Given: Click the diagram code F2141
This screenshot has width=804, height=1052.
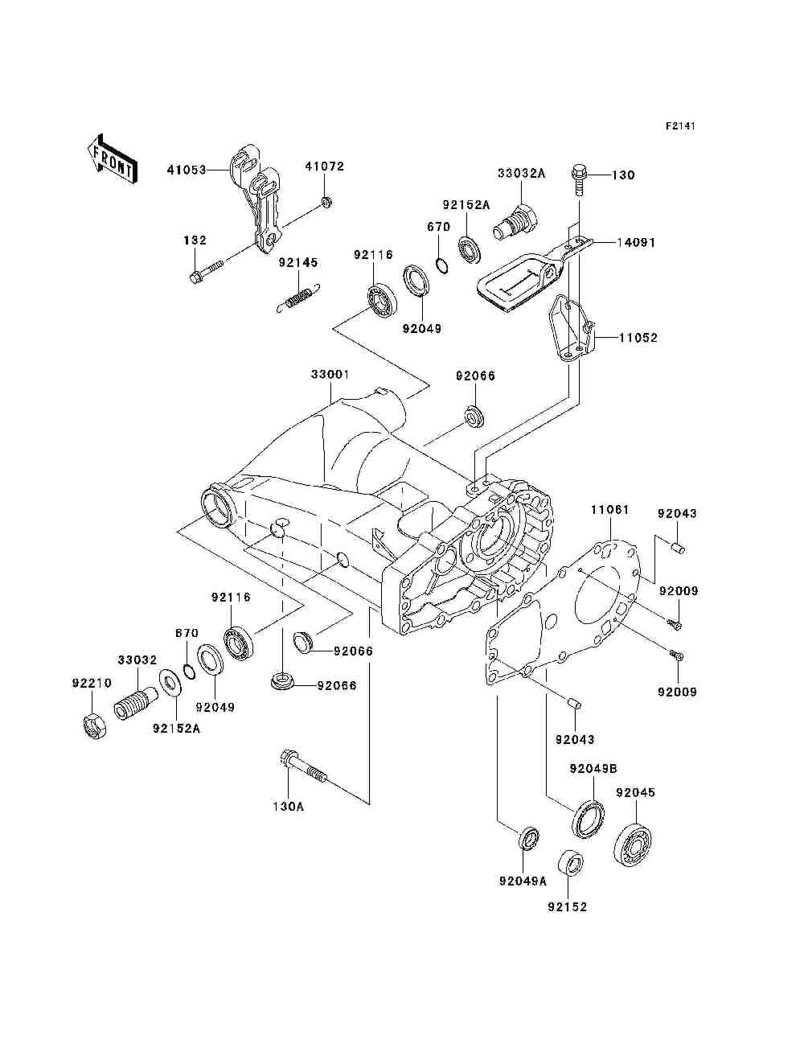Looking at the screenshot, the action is coord(680,126).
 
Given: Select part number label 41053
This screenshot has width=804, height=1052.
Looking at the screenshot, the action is coord(187,170).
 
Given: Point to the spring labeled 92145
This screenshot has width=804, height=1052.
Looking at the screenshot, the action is coord(299,298).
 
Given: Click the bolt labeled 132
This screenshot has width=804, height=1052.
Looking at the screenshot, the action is coord(206,271).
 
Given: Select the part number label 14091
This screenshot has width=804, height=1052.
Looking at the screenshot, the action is coord(636,243).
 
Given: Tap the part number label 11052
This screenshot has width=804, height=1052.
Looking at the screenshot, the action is coord(638,338).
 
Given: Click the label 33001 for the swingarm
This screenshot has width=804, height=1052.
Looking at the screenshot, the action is coord(330,374).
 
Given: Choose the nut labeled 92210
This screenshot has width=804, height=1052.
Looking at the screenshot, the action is coord(94,726).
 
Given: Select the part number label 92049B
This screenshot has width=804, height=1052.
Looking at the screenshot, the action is coord(593,769).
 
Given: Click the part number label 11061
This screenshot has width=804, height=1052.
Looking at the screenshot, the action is coord(610,509).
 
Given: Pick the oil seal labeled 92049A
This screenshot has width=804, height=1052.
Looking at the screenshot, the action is coord(530,838).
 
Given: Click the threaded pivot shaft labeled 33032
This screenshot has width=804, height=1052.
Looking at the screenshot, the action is coord(136,702).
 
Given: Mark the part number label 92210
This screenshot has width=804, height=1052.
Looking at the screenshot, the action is coord(92,683).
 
